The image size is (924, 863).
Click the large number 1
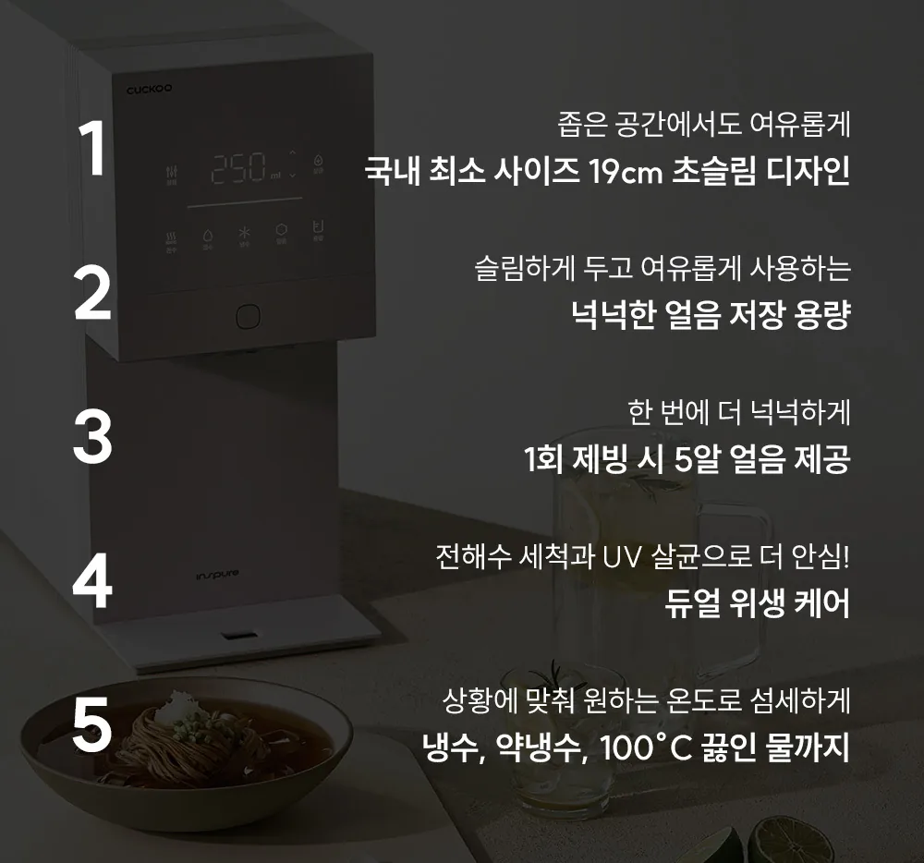[92, 148]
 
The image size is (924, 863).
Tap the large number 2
[92, 293]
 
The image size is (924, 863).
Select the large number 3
[92, 436]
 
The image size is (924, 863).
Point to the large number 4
[92, 581]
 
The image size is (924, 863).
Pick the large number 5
[92, 725]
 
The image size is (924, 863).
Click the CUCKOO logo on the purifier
[149, 89]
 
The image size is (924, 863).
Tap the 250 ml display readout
[246, 168]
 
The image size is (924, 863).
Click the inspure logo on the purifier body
[217, 575]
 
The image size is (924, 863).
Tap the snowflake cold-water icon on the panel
[244, 233]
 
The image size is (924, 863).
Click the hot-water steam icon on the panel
[171, 237]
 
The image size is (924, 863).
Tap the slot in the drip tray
[238, 637]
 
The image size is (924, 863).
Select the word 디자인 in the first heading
[808, 172]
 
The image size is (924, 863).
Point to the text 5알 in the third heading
[697, 459]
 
